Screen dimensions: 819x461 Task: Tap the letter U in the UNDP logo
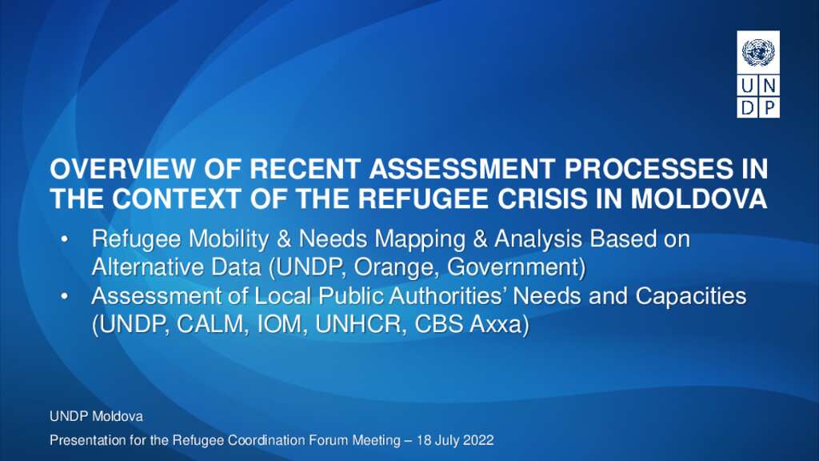748,85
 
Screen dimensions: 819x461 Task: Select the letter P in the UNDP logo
769,107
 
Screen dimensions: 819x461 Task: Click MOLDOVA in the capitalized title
699,198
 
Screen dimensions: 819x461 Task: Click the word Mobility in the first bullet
228,239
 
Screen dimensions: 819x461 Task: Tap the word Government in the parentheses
513,267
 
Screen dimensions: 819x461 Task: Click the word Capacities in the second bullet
691,296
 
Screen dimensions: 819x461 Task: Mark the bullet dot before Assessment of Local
64,296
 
